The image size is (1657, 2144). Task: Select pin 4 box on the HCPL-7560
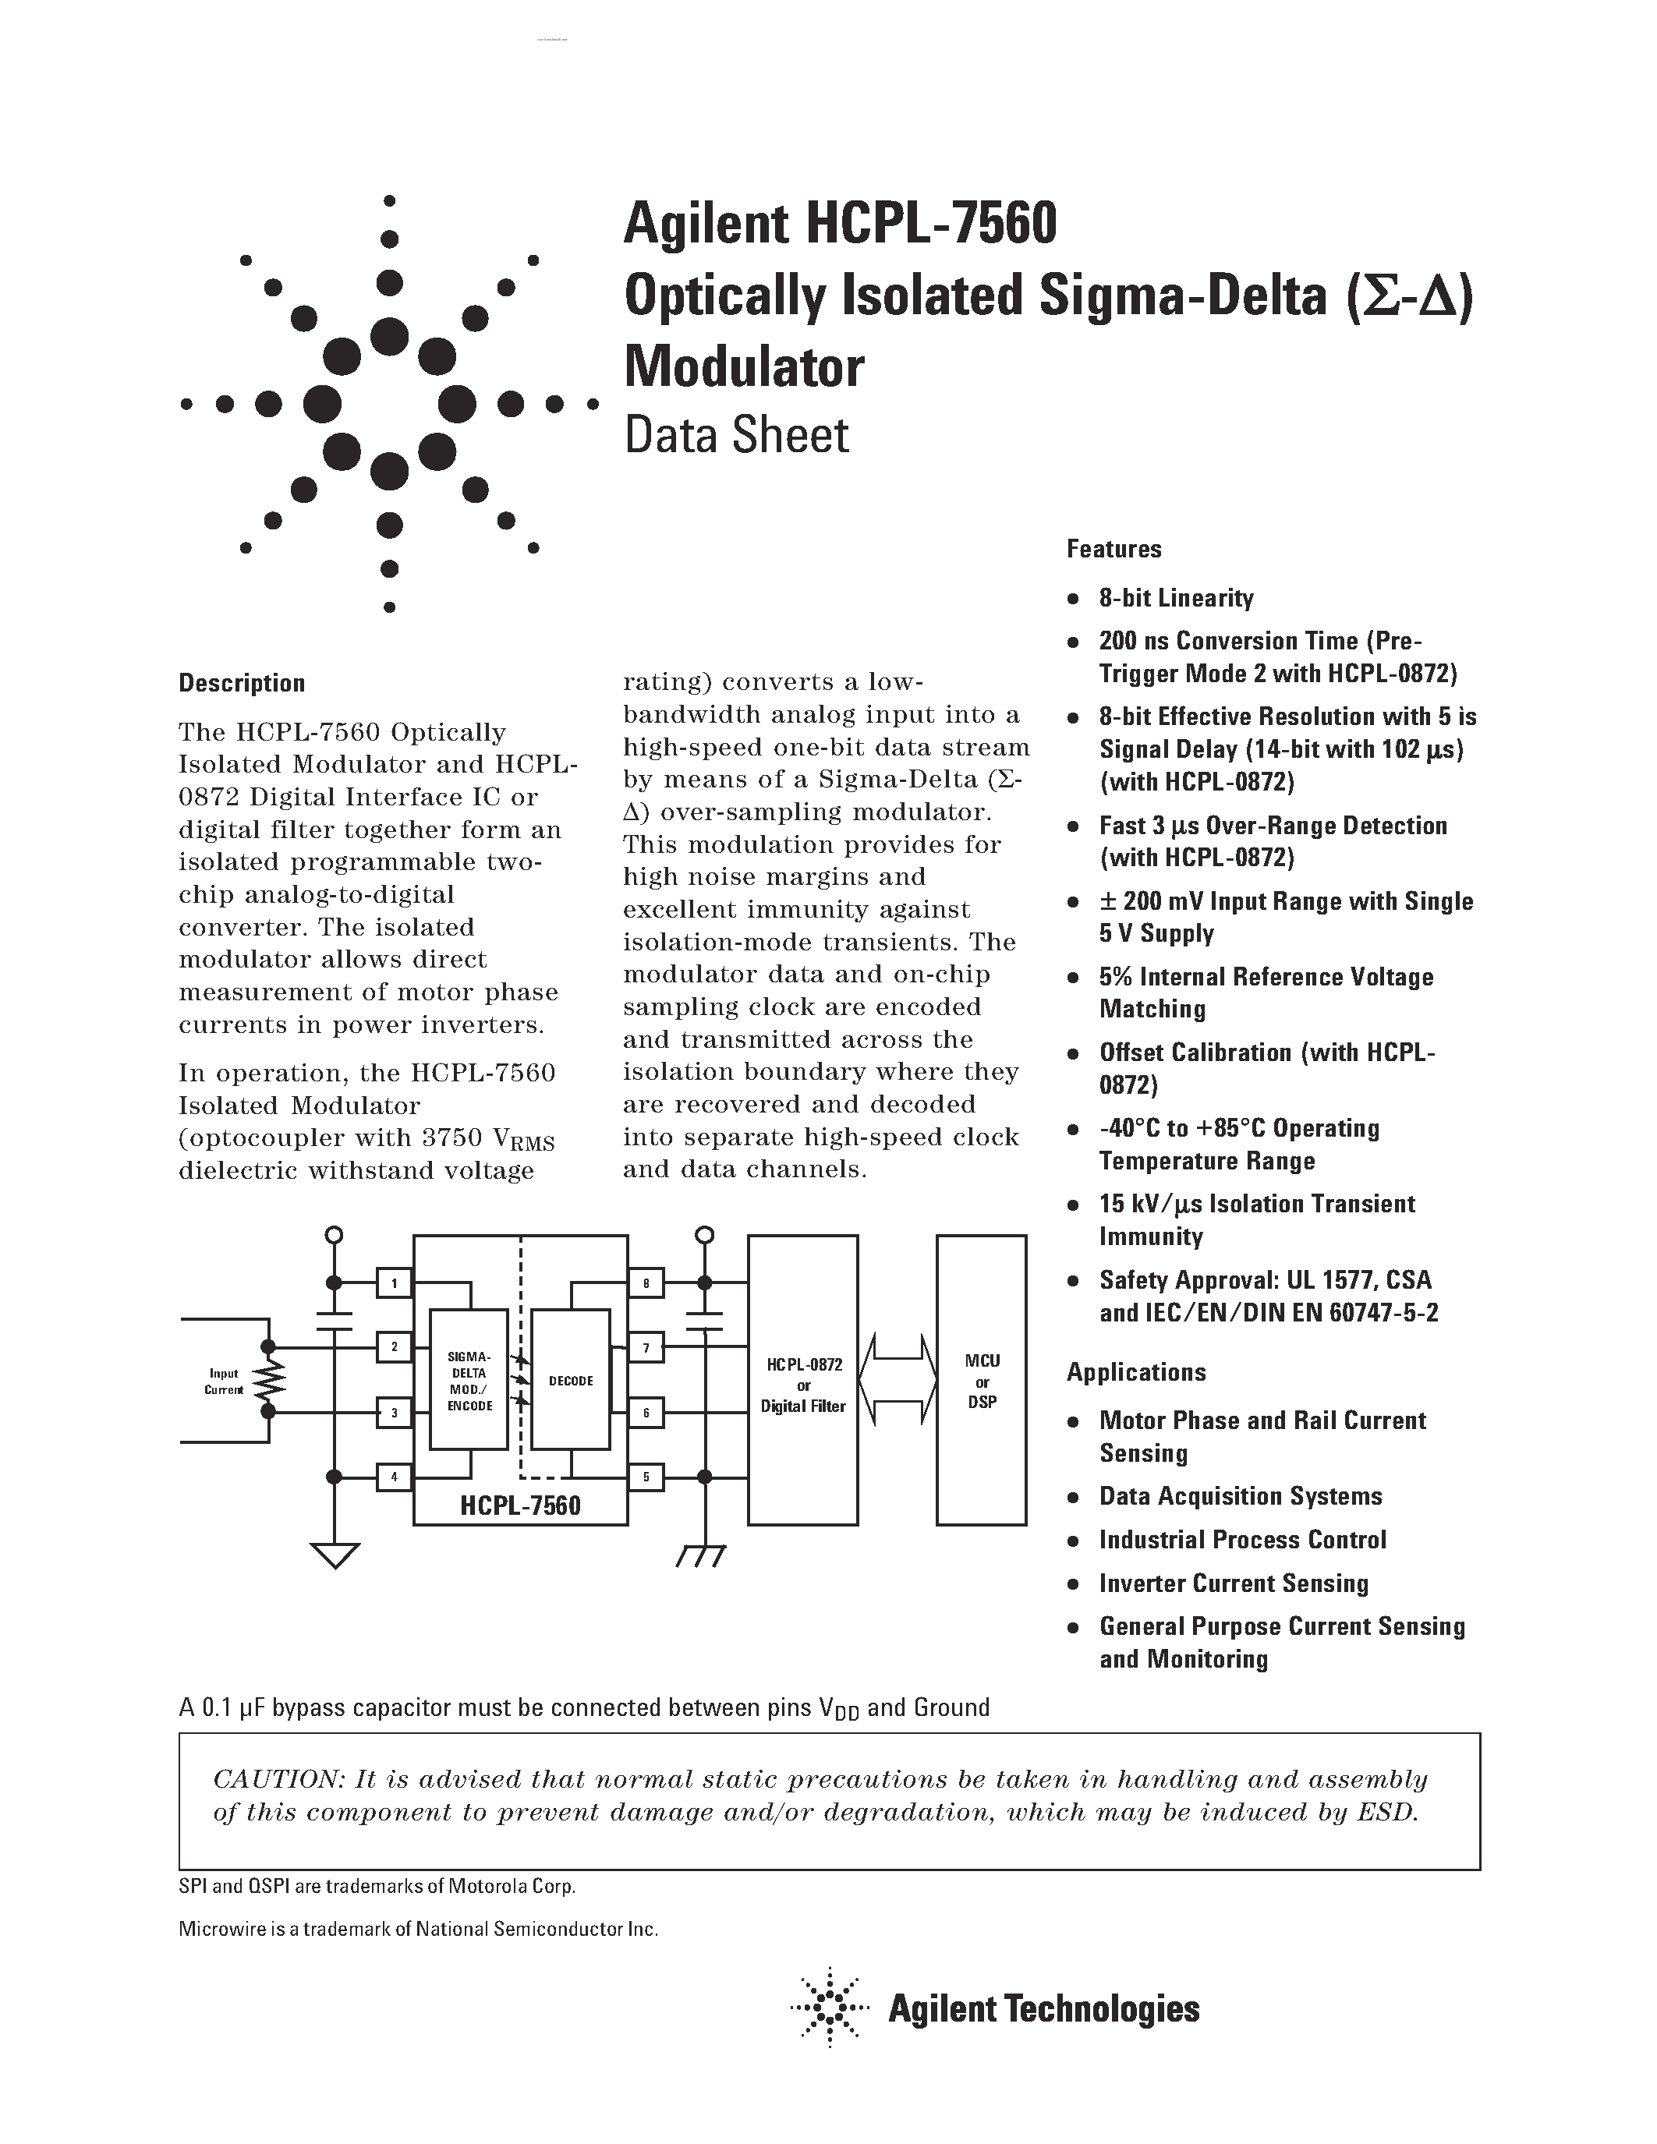click(x=394, y=1477)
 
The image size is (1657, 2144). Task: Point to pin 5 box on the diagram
click(x=646, y=1477)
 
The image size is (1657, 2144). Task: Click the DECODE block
click(x=570, y=1380)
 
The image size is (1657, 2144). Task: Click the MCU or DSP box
click(x=982, y=1380)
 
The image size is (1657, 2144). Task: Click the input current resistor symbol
click(x=269, y=1380)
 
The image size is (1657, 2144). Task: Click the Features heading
click(x=1114, y=549)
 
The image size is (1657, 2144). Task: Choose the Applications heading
click(x=1136, y=1372)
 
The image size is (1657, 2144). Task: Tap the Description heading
click(x=242, y=683)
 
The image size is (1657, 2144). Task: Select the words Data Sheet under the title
click(x=736, y=436)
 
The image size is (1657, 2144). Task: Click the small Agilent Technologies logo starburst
click(x=830, y=2009)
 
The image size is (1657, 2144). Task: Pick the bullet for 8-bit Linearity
click(x=1075, y=599)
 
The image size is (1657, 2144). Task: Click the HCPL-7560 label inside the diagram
click(x=520, y=1506)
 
